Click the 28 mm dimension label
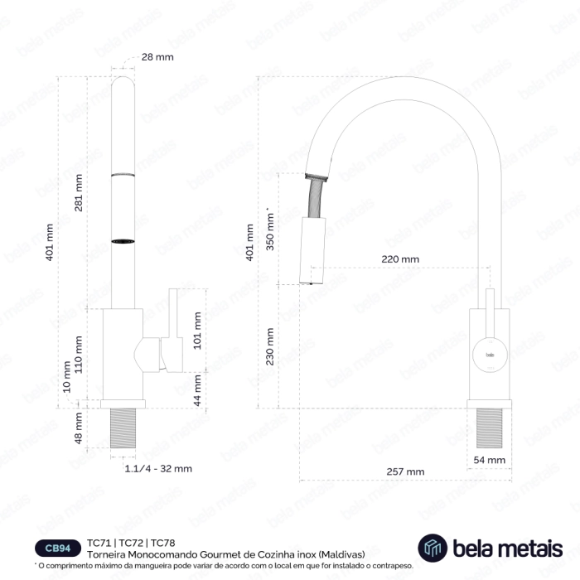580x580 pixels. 157,57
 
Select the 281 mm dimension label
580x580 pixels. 79,193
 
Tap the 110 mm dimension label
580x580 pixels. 79,355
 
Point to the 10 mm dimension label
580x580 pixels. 66,376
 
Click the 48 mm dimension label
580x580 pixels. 78,428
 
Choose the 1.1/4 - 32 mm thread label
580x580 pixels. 158,469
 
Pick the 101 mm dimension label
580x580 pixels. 197,331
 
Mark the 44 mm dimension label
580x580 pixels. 197,390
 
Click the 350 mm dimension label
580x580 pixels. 270,230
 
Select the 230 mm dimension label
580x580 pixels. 270,346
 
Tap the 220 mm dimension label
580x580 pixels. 400,259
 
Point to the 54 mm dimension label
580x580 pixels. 490,460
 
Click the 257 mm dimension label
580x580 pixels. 405,471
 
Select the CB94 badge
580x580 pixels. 58,549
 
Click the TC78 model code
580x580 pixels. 162,543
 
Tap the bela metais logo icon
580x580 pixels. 433,548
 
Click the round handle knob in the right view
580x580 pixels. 490,355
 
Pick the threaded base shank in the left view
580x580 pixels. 123,428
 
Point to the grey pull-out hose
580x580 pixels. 316,198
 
